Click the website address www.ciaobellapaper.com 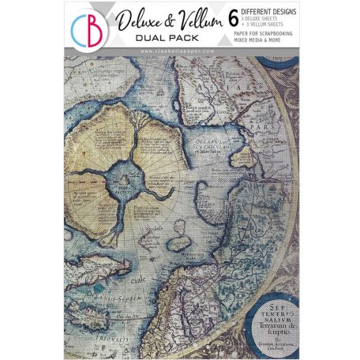179,51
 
